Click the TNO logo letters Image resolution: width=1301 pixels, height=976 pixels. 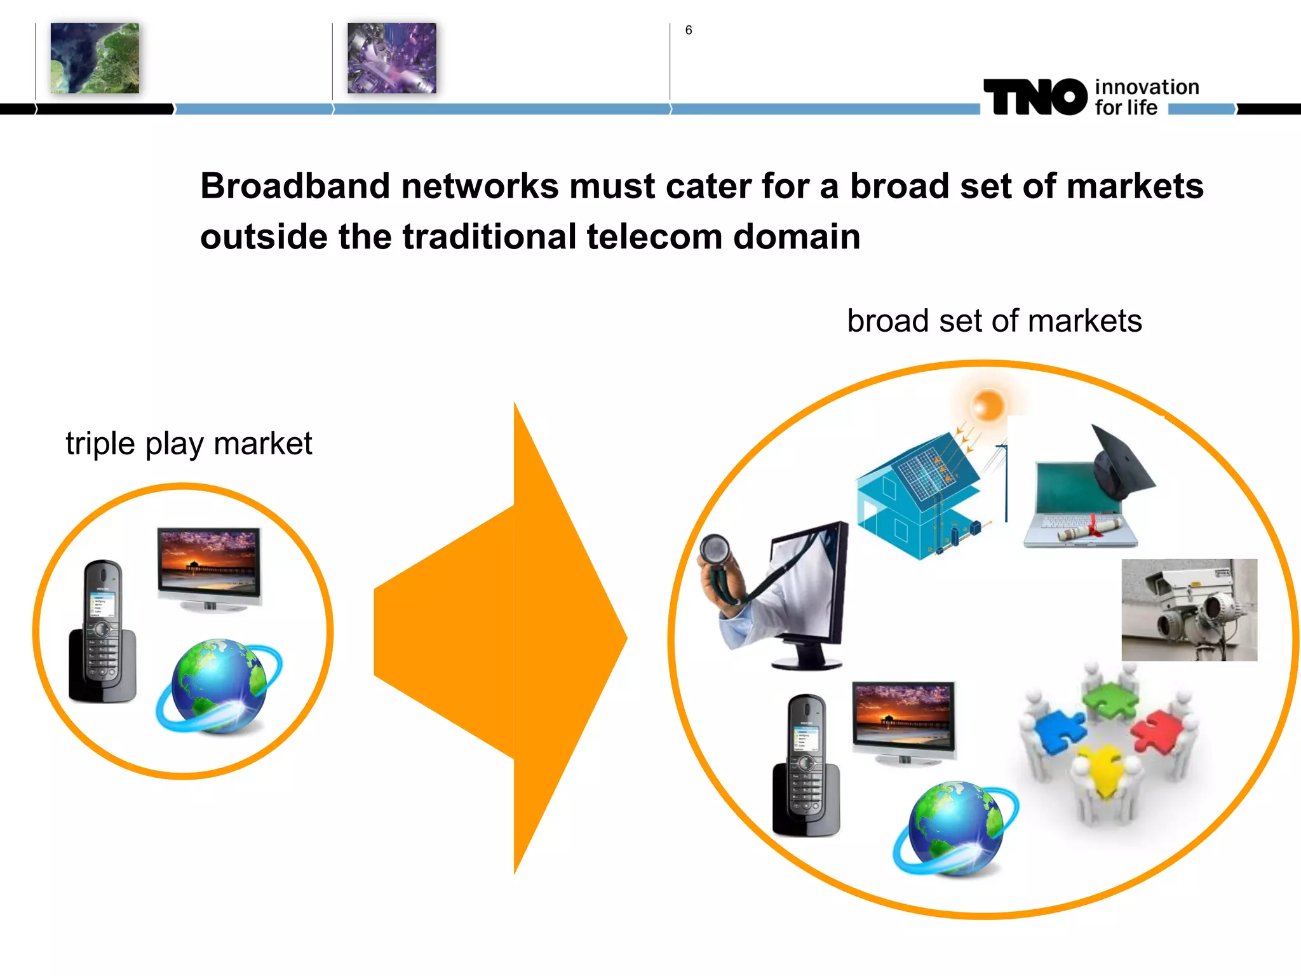[1035, 97]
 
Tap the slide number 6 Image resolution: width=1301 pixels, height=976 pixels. [689, 30]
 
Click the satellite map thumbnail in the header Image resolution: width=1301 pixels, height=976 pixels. [95, 58]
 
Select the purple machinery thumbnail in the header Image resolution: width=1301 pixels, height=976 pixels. [391, 58]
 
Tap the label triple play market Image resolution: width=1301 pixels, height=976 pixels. [189, 444]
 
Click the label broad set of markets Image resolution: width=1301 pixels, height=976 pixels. [994, 321]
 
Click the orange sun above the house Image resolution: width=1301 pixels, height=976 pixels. [988, 404]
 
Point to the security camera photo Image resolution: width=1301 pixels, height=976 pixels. [1189, 610]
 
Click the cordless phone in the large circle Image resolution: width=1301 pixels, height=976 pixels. [806, 765]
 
